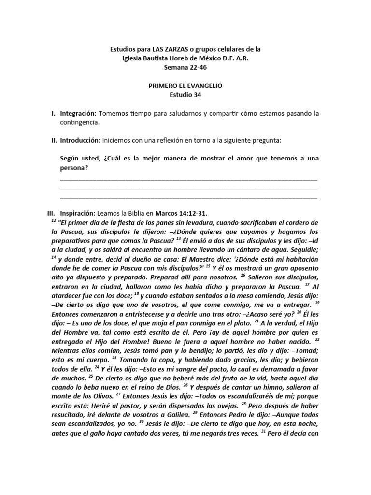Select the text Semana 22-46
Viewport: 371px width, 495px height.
[185, 67]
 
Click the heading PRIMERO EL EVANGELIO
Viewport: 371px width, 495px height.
[185, 86]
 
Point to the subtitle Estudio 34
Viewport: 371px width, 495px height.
[185, 95]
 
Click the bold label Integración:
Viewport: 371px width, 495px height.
[78, 113]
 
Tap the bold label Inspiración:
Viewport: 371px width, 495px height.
[78, 213]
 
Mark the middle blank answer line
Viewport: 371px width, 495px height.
[188, 189]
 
